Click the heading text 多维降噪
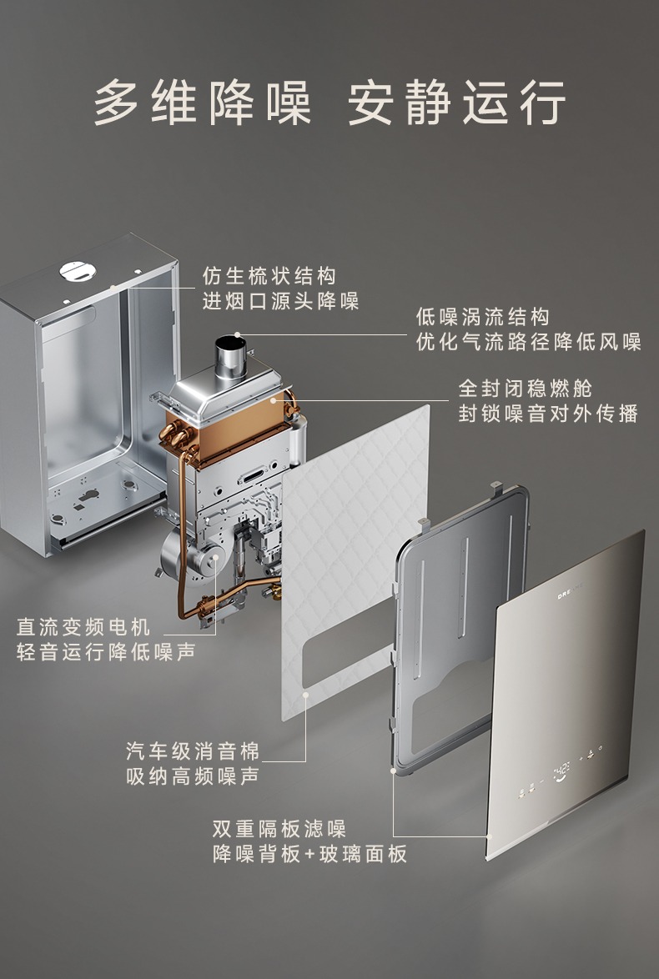pyautogui.click(x=203, y=103)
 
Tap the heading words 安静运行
pyautogui.click(x=456, y=103)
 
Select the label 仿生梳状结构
pyautogui.click(x=269, y=276)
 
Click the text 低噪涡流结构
pyautogui.click(x=483, y=317)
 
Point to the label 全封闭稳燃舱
pyautogui.click(x=526, y=389)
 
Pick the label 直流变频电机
pyautogui.click(x=83, y=626)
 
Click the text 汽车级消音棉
pyautogui.click(x=193, y=751)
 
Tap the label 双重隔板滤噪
pyautogui.click(x=279, y=829)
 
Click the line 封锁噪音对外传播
pyautogui.click(x=548, y=414)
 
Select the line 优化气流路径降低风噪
pyautogui.click(x=528, y=342)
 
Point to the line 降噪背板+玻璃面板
pyautogui.click(x=309, y=854)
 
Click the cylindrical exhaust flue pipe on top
pyautogui.click(x=230, y=358)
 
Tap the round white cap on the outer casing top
pyautogui.click(x=78, y=271)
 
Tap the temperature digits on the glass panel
pyautogui.click(x=561, y=767)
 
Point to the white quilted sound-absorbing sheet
pyautogui.click(x=355, y=562)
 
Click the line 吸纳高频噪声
pyautogui.click(x=193, y=776)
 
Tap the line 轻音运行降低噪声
pyautogui.click(x=106, y=652)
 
